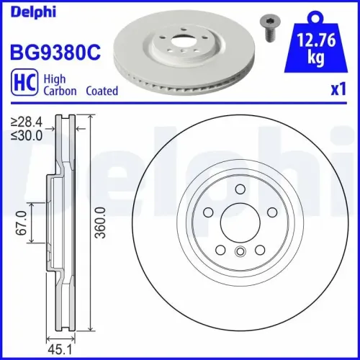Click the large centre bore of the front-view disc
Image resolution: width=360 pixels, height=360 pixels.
point(238,222)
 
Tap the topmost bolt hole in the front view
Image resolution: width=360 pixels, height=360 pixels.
point(238,189)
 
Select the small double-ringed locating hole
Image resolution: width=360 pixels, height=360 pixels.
point(238,251)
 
